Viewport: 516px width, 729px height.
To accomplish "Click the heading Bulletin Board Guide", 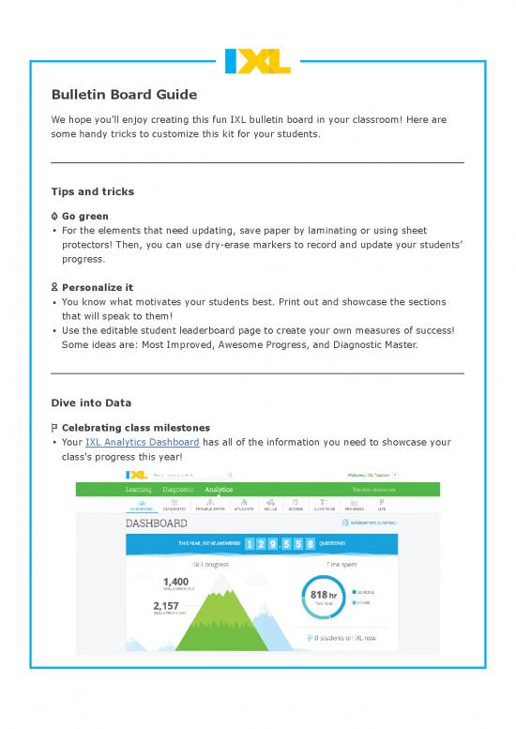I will click(x=124, y=95).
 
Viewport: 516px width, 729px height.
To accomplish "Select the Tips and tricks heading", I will click(x=92, y=191).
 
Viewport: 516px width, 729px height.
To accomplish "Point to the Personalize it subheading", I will click(x=99, y=287).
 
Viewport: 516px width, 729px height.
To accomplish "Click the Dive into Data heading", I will click(x=91, y=402).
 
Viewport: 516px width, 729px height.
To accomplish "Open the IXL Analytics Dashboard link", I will click(x=142, y=442).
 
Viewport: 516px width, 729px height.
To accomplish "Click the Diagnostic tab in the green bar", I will click(x=178, y=489).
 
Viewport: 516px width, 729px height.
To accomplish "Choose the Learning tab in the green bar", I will click(x=138, y=489).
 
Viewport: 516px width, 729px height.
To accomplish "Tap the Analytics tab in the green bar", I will click(x=219, y=489).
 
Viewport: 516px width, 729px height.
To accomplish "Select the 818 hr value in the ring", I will click(x=323, y=595).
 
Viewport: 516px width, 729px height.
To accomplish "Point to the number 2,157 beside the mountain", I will click(x=169, y=606).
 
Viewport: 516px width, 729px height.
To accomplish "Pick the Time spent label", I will click(x=341, y=564).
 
